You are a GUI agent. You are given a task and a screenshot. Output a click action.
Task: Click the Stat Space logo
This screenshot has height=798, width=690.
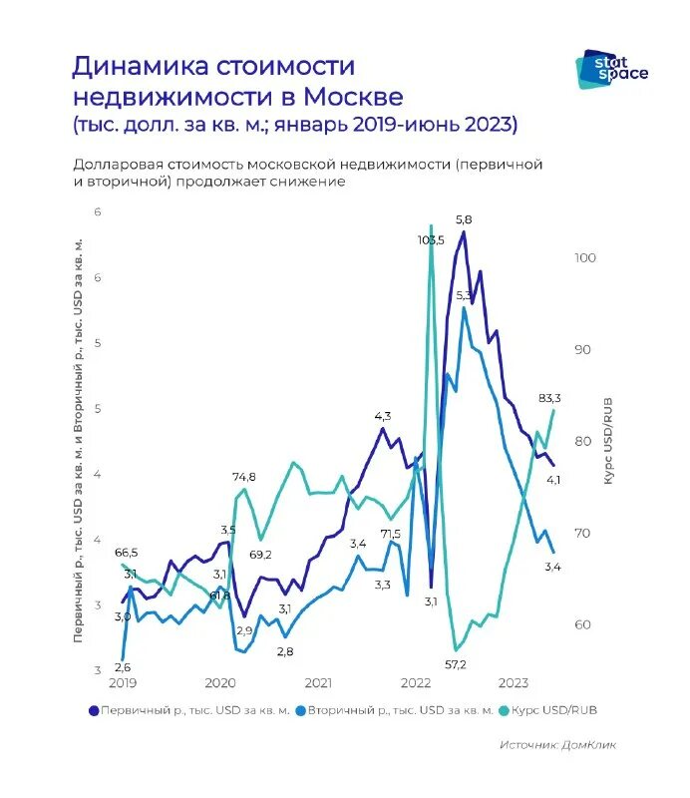tap(611, 69)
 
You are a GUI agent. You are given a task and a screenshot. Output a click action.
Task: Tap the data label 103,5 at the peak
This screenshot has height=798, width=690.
tap(431, 240)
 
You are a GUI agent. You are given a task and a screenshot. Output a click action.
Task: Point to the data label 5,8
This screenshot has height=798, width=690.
tap(464, 218)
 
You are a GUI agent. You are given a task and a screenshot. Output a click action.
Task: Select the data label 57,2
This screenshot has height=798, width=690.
tap(457, 663)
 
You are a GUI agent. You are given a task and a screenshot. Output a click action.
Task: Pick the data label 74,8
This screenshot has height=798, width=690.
tap(244, 477)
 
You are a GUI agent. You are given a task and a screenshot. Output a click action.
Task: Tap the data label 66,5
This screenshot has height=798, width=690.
tap(127, 552)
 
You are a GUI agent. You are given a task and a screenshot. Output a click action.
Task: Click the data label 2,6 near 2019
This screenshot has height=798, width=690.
tap(122, 667)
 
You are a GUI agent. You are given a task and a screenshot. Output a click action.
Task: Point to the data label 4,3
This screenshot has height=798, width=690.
tap(383, 415)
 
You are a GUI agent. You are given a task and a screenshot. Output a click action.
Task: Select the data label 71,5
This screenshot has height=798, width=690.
tap(390, 534)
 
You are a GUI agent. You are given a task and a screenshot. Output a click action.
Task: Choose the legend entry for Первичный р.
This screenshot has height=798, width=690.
tap(189, 711)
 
